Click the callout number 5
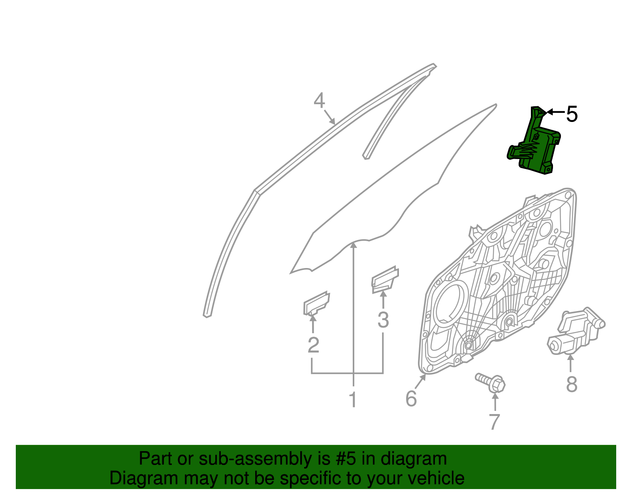pyautogui.click(x=572, y=114)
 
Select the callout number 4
pyautogui.click(x=319, y=101)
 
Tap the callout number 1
pyautogui.click(x=353, y=400)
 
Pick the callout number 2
pyautogui.click(x=313, y=345)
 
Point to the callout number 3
pyautogui.click(x=383, y=320)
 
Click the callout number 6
pyautogui.click(x=411, y=399)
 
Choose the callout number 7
pyautogui.click(x=494, y=422)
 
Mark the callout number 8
pyautogui.click(x=571, y=384)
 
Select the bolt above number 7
pyautogui.click(x=491, y=382)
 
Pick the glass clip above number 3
pyautogui.click(x=385, y=280)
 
